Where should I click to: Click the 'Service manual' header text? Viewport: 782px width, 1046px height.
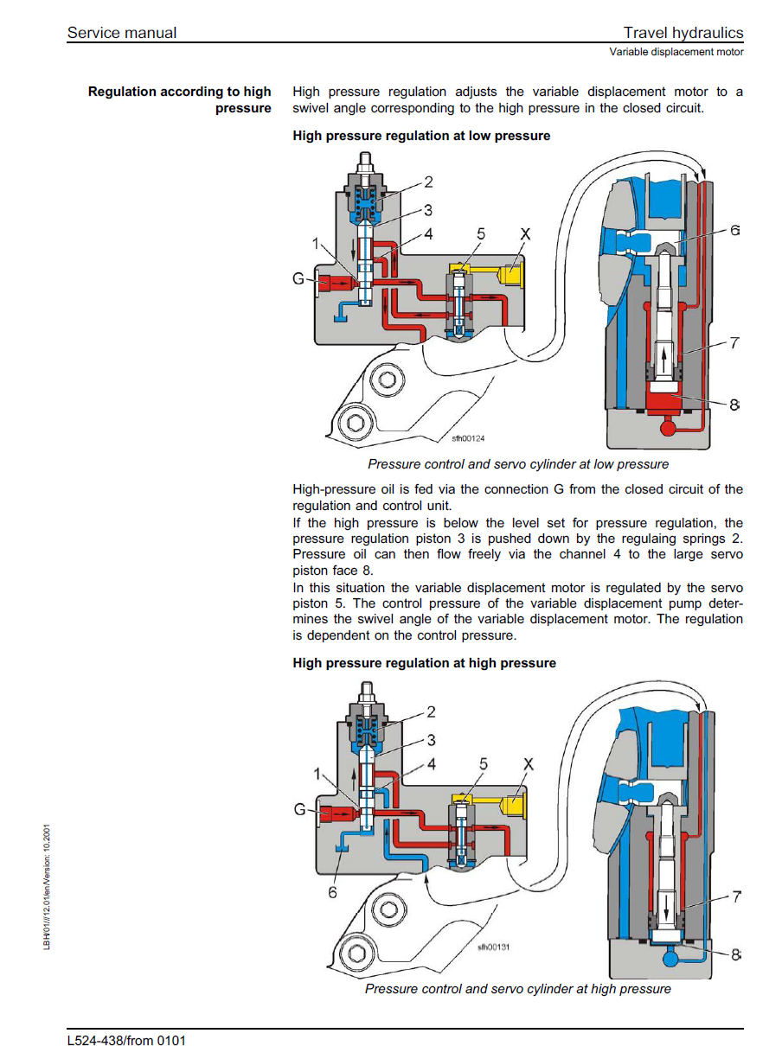(121, 33)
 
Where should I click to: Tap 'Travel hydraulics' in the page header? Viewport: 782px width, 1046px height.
(683, 33)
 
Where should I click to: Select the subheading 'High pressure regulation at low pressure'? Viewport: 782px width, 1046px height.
(421, 136)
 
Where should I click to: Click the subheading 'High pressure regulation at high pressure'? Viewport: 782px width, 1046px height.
(424, 663)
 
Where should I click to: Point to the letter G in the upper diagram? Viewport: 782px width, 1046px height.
(299, 280)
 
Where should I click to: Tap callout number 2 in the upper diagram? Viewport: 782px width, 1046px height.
(428, 182)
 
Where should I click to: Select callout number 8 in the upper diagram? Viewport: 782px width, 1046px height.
(734, 404)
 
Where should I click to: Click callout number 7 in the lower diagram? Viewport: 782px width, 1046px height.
(736, 897)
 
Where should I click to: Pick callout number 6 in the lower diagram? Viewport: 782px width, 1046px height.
(332, 892)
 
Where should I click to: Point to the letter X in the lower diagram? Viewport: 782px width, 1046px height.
(529, 764)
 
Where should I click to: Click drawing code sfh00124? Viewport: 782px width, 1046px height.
(468, 438)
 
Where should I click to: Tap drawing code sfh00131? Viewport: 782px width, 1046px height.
(493, 947)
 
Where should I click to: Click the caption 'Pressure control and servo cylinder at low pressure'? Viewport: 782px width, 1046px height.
(517, 465)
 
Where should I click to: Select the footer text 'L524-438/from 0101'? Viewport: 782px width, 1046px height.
(126, 1040)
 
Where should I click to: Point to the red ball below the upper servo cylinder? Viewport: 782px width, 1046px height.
(668, 426)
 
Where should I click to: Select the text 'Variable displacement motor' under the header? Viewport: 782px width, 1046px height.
(676, 52)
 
